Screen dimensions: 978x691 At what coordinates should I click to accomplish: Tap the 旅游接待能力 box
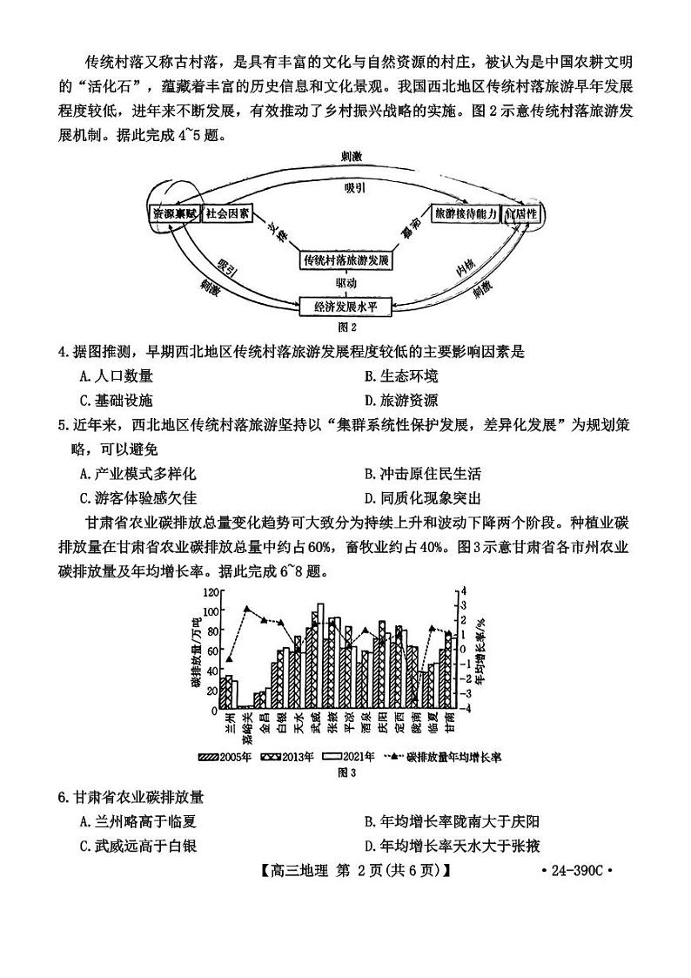[x=466, y=214]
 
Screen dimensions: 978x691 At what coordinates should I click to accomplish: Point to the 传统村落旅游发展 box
[x=345, y=260]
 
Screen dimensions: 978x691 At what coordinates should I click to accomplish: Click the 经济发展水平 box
[x=345, y=306]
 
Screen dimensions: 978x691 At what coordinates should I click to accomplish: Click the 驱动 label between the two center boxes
[x=345, y=283]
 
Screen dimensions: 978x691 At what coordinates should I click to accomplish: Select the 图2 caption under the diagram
[x=346, y=327]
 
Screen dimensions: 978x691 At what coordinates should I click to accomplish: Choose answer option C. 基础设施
[x=116, y=401]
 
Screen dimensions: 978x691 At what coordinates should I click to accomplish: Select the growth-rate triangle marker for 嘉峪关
[x=247, y=609]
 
